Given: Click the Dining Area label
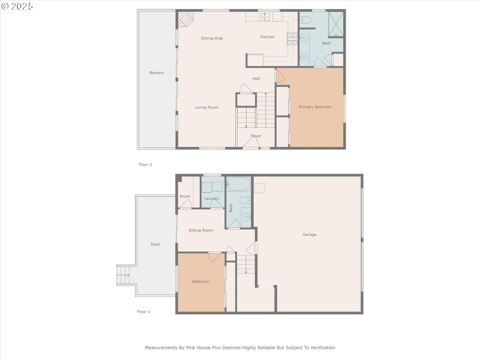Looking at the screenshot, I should click(212, 38).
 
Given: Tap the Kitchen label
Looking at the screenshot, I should click(267, 37).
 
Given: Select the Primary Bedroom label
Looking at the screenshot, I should click(315, 107).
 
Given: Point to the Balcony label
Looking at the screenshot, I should click(157, 73).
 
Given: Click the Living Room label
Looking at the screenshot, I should click(206, 107).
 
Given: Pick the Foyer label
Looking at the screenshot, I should click(256, 136).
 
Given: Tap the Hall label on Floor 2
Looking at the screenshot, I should click(256, 79).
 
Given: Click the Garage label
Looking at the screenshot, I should click(309, 235).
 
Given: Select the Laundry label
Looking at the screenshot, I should click(211, 199).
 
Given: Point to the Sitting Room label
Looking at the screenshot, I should click(200, 230).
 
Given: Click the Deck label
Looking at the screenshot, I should click(155, 244).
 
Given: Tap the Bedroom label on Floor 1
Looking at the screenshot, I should click(200, 281).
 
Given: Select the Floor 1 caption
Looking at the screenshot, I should click(143, 312).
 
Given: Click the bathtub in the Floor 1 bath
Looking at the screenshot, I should click(238, 184).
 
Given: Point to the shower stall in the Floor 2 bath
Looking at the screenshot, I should click(335, 22).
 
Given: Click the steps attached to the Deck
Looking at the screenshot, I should click(123, 275).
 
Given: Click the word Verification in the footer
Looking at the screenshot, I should click(320, 347).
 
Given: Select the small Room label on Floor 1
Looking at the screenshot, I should click(185, 196).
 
